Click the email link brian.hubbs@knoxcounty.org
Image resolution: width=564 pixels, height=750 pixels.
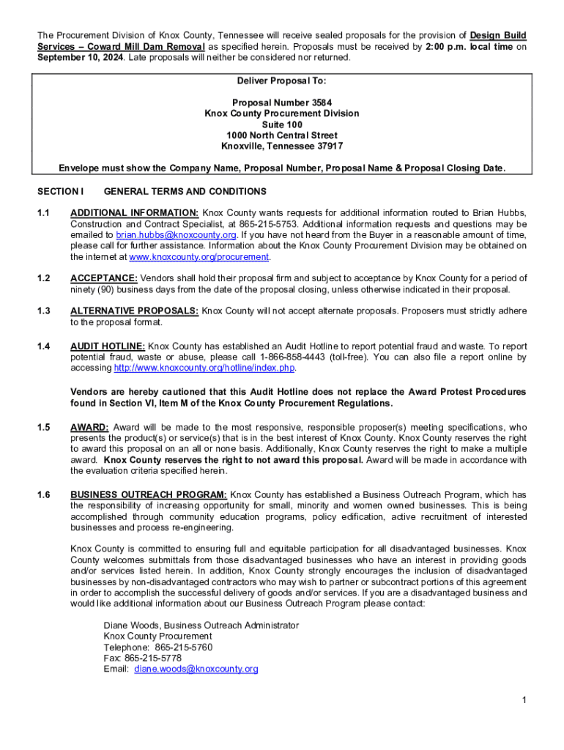coord(176,235)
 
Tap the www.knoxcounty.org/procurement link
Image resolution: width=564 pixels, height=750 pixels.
coord(199,257)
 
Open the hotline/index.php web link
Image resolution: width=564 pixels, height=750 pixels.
coord(204,368)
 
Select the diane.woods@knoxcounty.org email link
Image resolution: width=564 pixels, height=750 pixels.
coord(196,669)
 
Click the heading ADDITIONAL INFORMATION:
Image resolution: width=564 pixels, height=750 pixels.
coord(134,213)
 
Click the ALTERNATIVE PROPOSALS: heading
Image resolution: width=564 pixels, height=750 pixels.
coord(134,311)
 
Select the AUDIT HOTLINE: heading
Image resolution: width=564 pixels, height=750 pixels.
coord(108,346)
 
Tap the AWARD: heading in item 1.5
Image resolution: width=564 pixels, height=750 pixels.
coord(89,427)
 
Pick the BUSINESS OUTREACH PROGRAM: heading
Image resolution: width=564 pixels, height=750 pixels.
coord(149,495)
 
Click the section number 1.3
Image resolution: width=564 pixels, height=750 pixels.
coord(43,311)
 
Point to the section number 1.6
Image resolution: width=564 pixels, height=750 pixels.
coord(43,495)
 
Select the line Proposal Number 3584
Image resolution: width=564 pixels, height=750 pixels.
coord(282,103)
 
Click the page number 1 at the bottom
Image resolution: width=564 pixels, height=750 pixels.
coord(524,702)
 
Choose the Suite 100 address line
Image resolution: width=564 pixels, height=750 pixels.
coord(282,125)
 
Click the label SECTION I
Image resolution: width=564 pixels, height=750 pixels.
coord(61,192)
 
